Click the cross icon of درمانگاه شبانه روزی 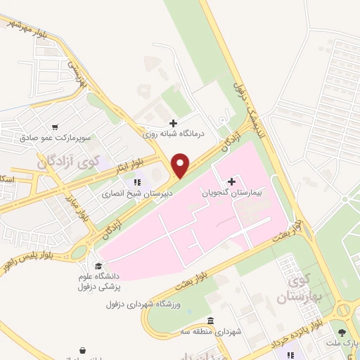click(x=174, y=123)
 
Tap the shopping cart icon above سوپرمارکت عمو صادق click(x=94, y=129)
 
